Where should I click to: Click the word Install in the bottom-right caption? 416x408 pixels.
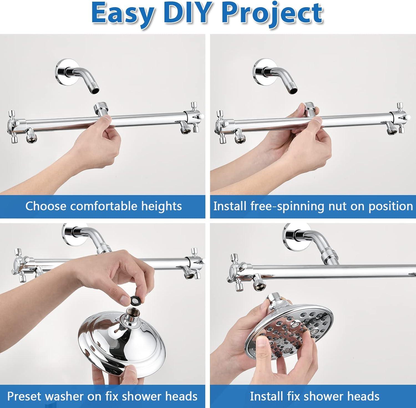tap(267, 396)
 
